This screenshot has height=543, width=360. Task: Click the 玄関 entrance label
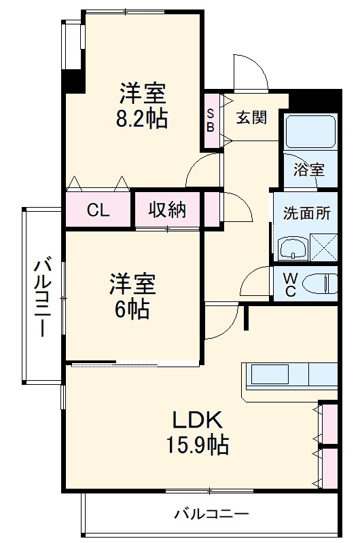[x=251, y=117]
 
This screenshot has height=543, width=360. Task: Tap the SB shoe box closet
[x=211, y=120]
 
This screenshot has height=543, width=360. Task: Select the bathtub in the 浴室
[x=310, y=132]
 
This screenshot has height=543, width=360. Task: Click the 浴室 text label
[x=309, y=170]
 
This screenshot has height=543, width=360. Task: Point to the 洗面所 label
[x=306, y=213]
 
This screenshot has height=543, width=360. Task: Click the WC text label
[x=290, y=284]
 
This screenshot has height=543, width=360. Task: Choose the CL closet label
[x=98, y=210]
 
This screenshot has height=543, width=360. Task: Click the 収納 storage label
[x=168, y=210]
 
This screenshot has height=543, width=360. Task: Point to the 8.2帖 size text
[x=143, y=119]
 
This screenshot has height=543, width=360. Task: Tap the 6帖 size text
[x=132, y=310]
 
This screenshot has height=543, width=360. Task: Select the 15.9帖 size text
[x=197, y=445]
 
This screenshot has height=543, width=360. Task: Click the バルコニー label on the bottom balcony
[x=211, y=514]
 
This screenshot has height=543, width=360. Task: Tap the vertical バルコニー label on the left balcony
[x=43, y=297]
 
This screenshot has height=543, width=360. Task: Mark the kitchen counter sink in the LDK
[x=270, y=374]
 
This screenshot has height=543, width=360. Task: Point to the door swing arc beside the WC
[x=258, y=280]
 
